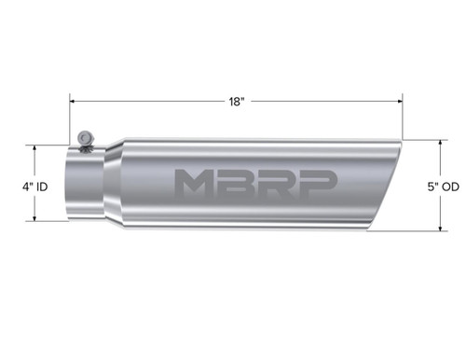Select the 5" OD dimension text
[449, 186]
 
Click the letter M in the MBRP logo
[197, 185]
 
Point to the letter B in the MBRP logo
[240, 185]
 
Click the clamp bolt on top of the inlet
[86, 137]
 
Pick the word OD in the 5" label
[455, 186]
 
